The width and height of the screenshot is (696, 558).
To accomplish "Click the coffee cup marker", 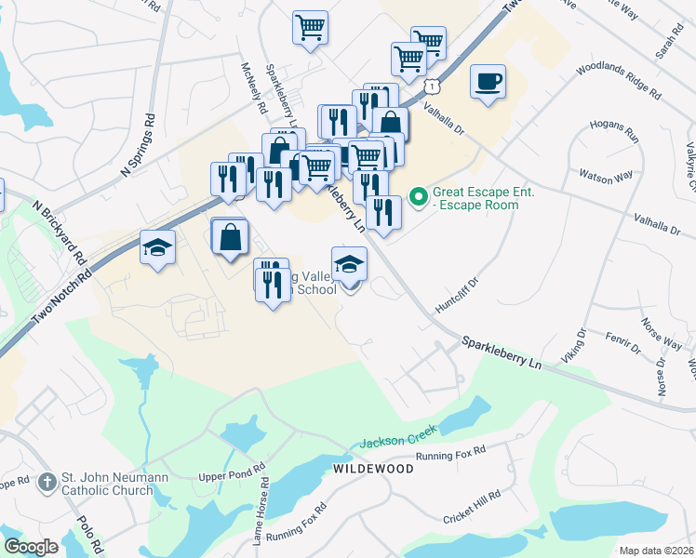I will [488, 82].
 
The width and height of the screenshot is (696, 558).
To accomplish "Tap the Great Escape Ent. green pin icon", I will [419, 196].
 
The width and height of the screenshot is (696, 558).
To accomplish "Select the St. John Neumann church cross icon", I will [47, 483].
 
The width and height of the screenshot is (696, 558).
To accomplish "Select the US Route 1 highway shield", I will [432, 86].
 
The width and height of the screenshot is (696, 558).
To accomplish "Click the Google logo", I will [31, 547].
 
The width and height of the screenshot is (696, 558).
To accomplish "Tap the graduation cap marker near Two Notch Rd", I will [157, 248].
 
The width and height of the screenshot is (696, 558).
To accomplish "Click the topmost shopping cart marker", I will [310, 27].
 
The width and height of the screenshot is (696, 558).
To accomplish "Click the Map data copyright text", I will [656, 551].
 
